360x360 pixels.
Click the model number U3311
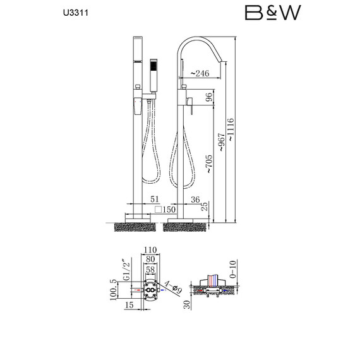76,13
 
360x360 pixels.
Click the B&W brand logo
273,13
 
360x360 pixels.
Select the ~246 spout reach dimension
200,73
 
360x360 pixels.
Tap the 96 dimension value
209,98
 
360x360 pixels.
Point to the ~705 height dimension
209,164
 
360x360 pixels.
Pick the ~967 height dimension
221,142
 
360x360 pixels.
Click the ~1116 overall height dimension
231,129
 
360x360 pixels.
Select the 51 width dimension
155,200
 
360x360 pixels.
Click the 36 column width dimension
195,200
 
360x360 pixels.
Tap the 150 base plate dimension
165,210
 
